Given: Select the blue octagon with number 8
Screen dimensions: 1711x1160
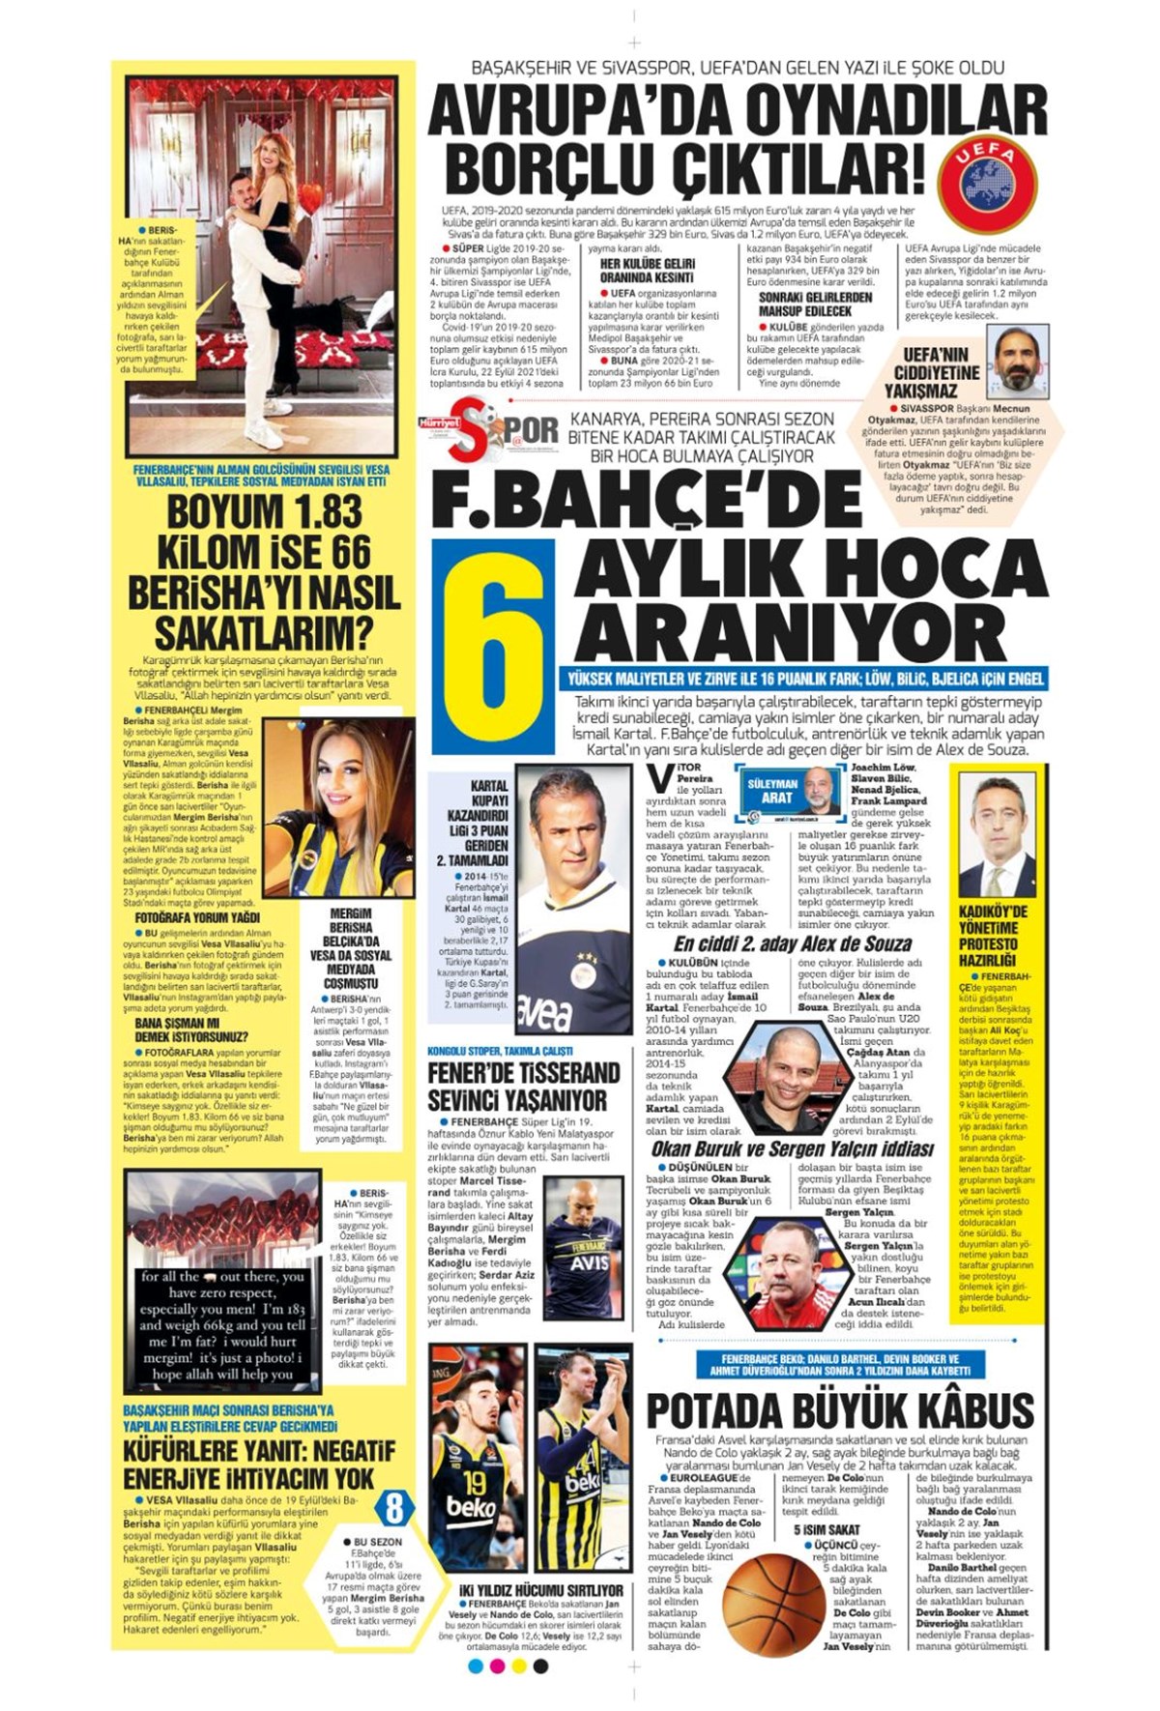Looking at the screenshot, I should tap(394, 1507).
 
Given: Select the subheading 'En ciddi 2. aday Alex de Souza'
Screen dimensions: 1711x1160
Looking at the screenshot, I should tap(793, 943).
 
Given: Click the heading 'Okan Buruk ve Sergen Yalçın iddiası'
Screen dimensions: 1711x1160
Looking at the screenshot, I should tap(792, 1148).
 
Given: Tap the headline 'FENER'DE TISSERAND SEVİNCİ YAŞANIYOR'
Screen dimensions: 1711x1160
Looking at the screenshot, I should tap(524, 1087).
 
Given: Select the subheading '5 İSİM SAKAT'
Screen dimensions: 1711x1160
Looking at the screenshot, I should tap(826, 1529).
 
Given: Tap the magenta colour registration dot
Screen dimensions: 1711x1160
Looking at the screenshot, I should tap(497, 1667).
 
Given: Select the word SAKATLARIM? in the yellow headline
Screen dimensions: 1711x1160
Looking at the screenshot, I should tap(264, 633).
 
